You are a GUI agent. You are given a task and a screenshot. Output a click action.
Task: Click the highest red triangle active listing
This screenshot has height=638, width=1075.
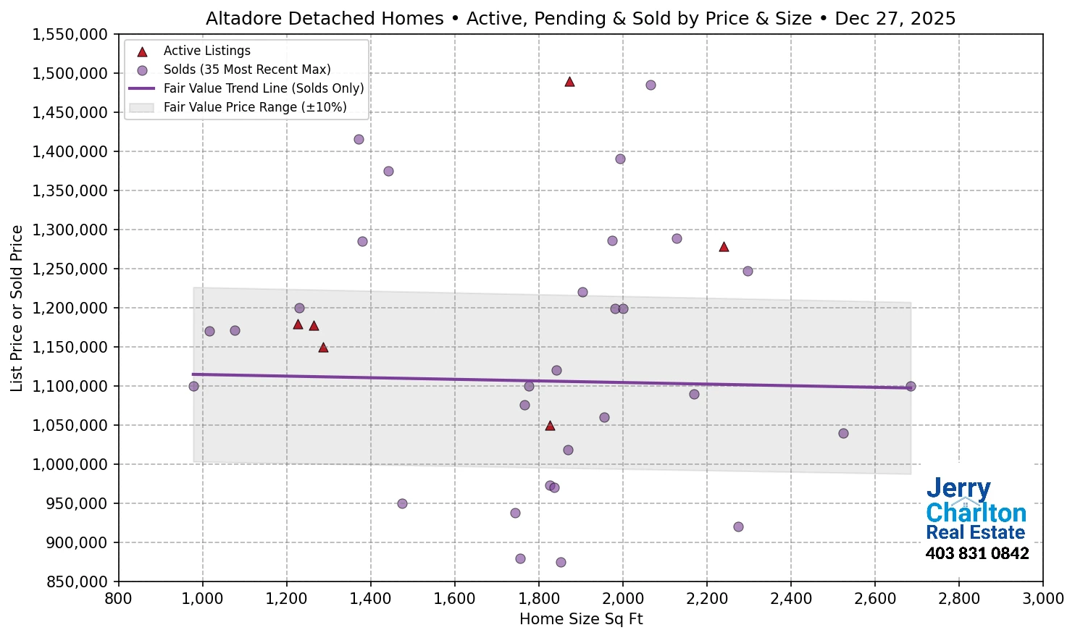click(x=569, y=82)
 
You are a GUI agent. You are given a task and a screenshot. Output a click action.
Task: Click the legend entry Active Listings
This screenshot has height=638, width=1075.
click(x=206, y=51)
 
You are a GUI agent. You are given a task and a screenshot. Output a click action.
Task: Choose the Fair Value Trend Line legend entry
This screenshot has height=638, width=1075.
click(x=264, y=88)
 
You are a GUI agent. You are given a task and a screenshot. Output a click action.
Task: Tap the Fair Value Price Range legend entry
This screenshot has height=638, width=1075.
click(x=254, y=107)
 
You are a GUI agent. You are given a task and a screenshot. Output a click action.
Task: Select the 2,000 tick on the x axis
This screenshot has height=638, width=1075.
click(x=623, y=599)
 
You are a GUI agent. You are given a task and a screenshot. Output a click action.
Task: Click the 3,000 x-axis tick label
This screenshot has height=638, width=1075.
click(x=1043, y=599)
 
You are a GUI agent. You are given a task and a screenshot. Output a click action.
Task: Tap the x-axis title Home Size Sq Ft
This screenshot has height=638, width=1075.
click(x=581, y=619)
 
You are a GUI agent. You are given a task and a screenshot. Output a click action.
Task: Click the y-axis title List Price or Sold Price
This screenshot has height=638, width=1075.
click(x=17, y=308)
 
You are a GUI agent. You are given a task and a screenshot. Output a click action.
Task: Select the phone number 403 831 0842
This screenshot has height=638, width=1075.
click(x=977, y=553)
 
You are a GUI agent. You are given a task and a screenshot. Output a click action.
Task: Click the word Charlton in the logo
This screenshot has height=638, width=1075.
click(x=976, y=513)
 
